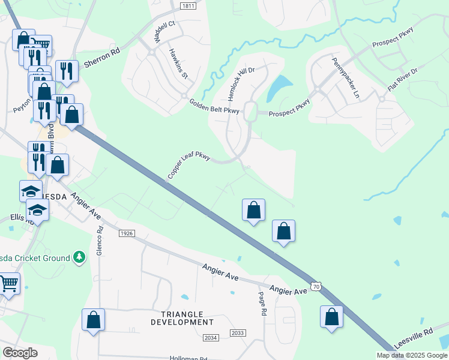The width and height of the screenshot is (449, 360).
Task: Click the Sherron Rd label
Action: coord(102,58)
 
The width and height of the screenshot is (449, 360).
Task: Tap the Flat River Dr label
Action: coord(402,79)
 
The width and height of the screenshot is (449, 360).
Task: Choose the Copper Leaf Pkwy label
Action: coord(188,166)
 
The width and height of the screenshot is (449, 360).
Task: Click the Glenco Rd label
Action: coord(100,241)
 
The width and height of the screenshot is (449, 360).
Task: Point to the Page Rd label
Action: coord(262,304)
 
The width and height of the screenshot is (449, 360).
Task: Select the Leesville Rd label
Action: coord(414,339)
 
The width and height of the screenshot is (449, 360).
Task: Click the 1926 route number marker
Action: coord(127,233)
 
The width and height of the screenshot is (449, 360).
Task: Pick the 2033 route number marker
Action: coord(238,333)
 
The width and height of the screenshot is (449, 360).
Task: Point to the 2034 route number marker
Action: coord(210,338)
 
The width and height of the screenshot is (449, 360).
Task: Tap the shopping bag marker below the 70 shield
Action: coord(331,317)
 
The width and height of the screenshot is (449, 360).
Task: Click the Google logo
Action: coord(20,353)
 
